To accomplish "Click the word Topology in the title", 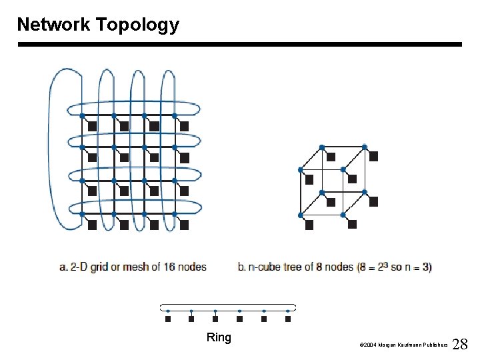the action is pyautogui.click(x=137, y=25).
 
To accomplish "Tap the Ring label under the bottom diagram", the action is pyautogui.click(x=219, y=337).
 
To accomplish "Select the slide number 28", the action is pyautogui.click(x=461, y=344).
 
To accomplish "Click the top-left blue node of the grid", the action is pyautogui.click(x=83, y=116).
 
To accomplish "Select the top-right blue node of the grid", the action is pyautogui.click(x=175, y=116).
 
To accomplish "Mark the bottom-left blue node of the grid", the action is pyautogui.click(x=83, y=214).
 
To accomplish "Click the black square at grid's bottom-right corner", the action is pyautogui.click(x=185, y=225).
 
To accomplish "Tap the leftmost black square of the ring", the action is pyautogui.click(x=168, y=319).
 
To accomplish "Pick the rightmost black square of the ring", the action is pyautogui.click(x=288, y=319).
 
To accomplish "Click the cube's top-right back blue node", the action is pyautogui.click(x=364, y=147).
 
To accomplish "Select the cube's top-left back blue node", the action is pyautogui.click(x=321, y=147).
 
